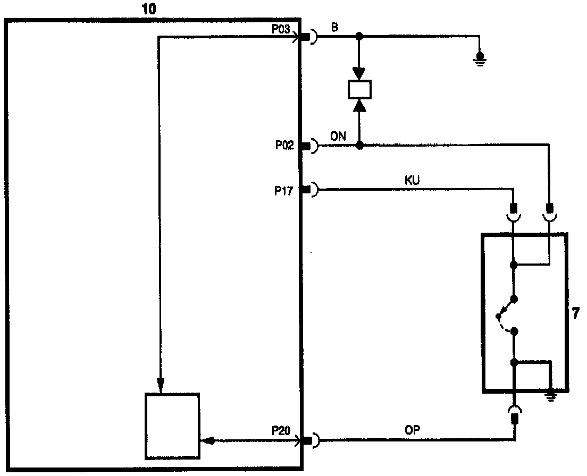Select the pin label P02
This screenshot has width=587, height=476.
tap(285, 146)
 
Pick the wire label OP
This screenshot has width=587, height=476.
tap(413, 431)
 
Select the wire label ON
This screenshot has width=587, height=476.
tap(338, 136)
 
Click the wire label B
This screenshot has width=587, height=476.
tap(335, 28)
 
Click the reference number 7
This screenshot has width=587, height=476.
tap(576, 313)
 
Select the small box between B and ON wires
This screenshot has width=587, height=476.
tap(359, 90)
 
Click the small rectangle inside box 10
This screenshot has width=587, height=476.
tap(172, 426)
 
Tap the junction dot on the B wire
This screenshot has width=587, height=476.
tap(359, 37)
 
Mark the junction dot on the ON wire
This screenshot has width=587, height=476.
tap(359, 145)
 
